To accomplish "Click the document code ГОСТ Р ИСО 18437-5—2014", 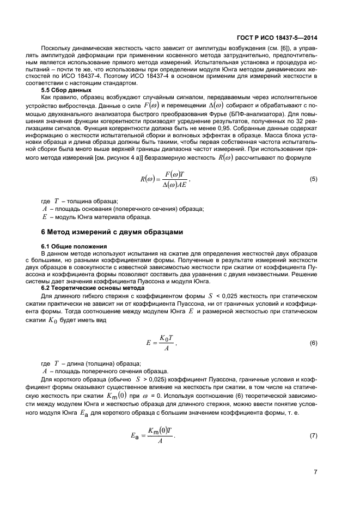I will click(x=278, y=39).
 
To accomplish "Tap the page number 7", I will click(x=315, y=471).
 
